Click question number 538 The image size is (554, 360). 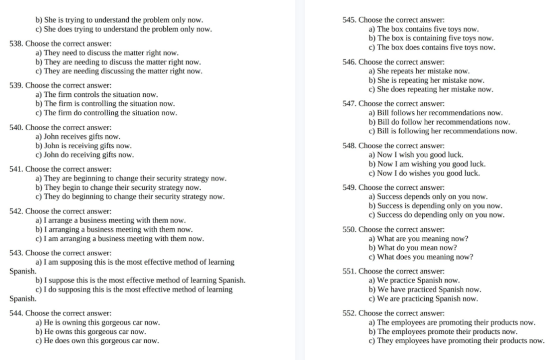click(17, 44)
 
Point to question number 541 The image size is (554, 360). click(17, 169)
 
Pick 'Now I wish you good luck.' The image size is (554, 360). click(416, 155)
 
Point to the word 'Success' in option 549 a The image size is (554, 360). click(389, 197)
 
